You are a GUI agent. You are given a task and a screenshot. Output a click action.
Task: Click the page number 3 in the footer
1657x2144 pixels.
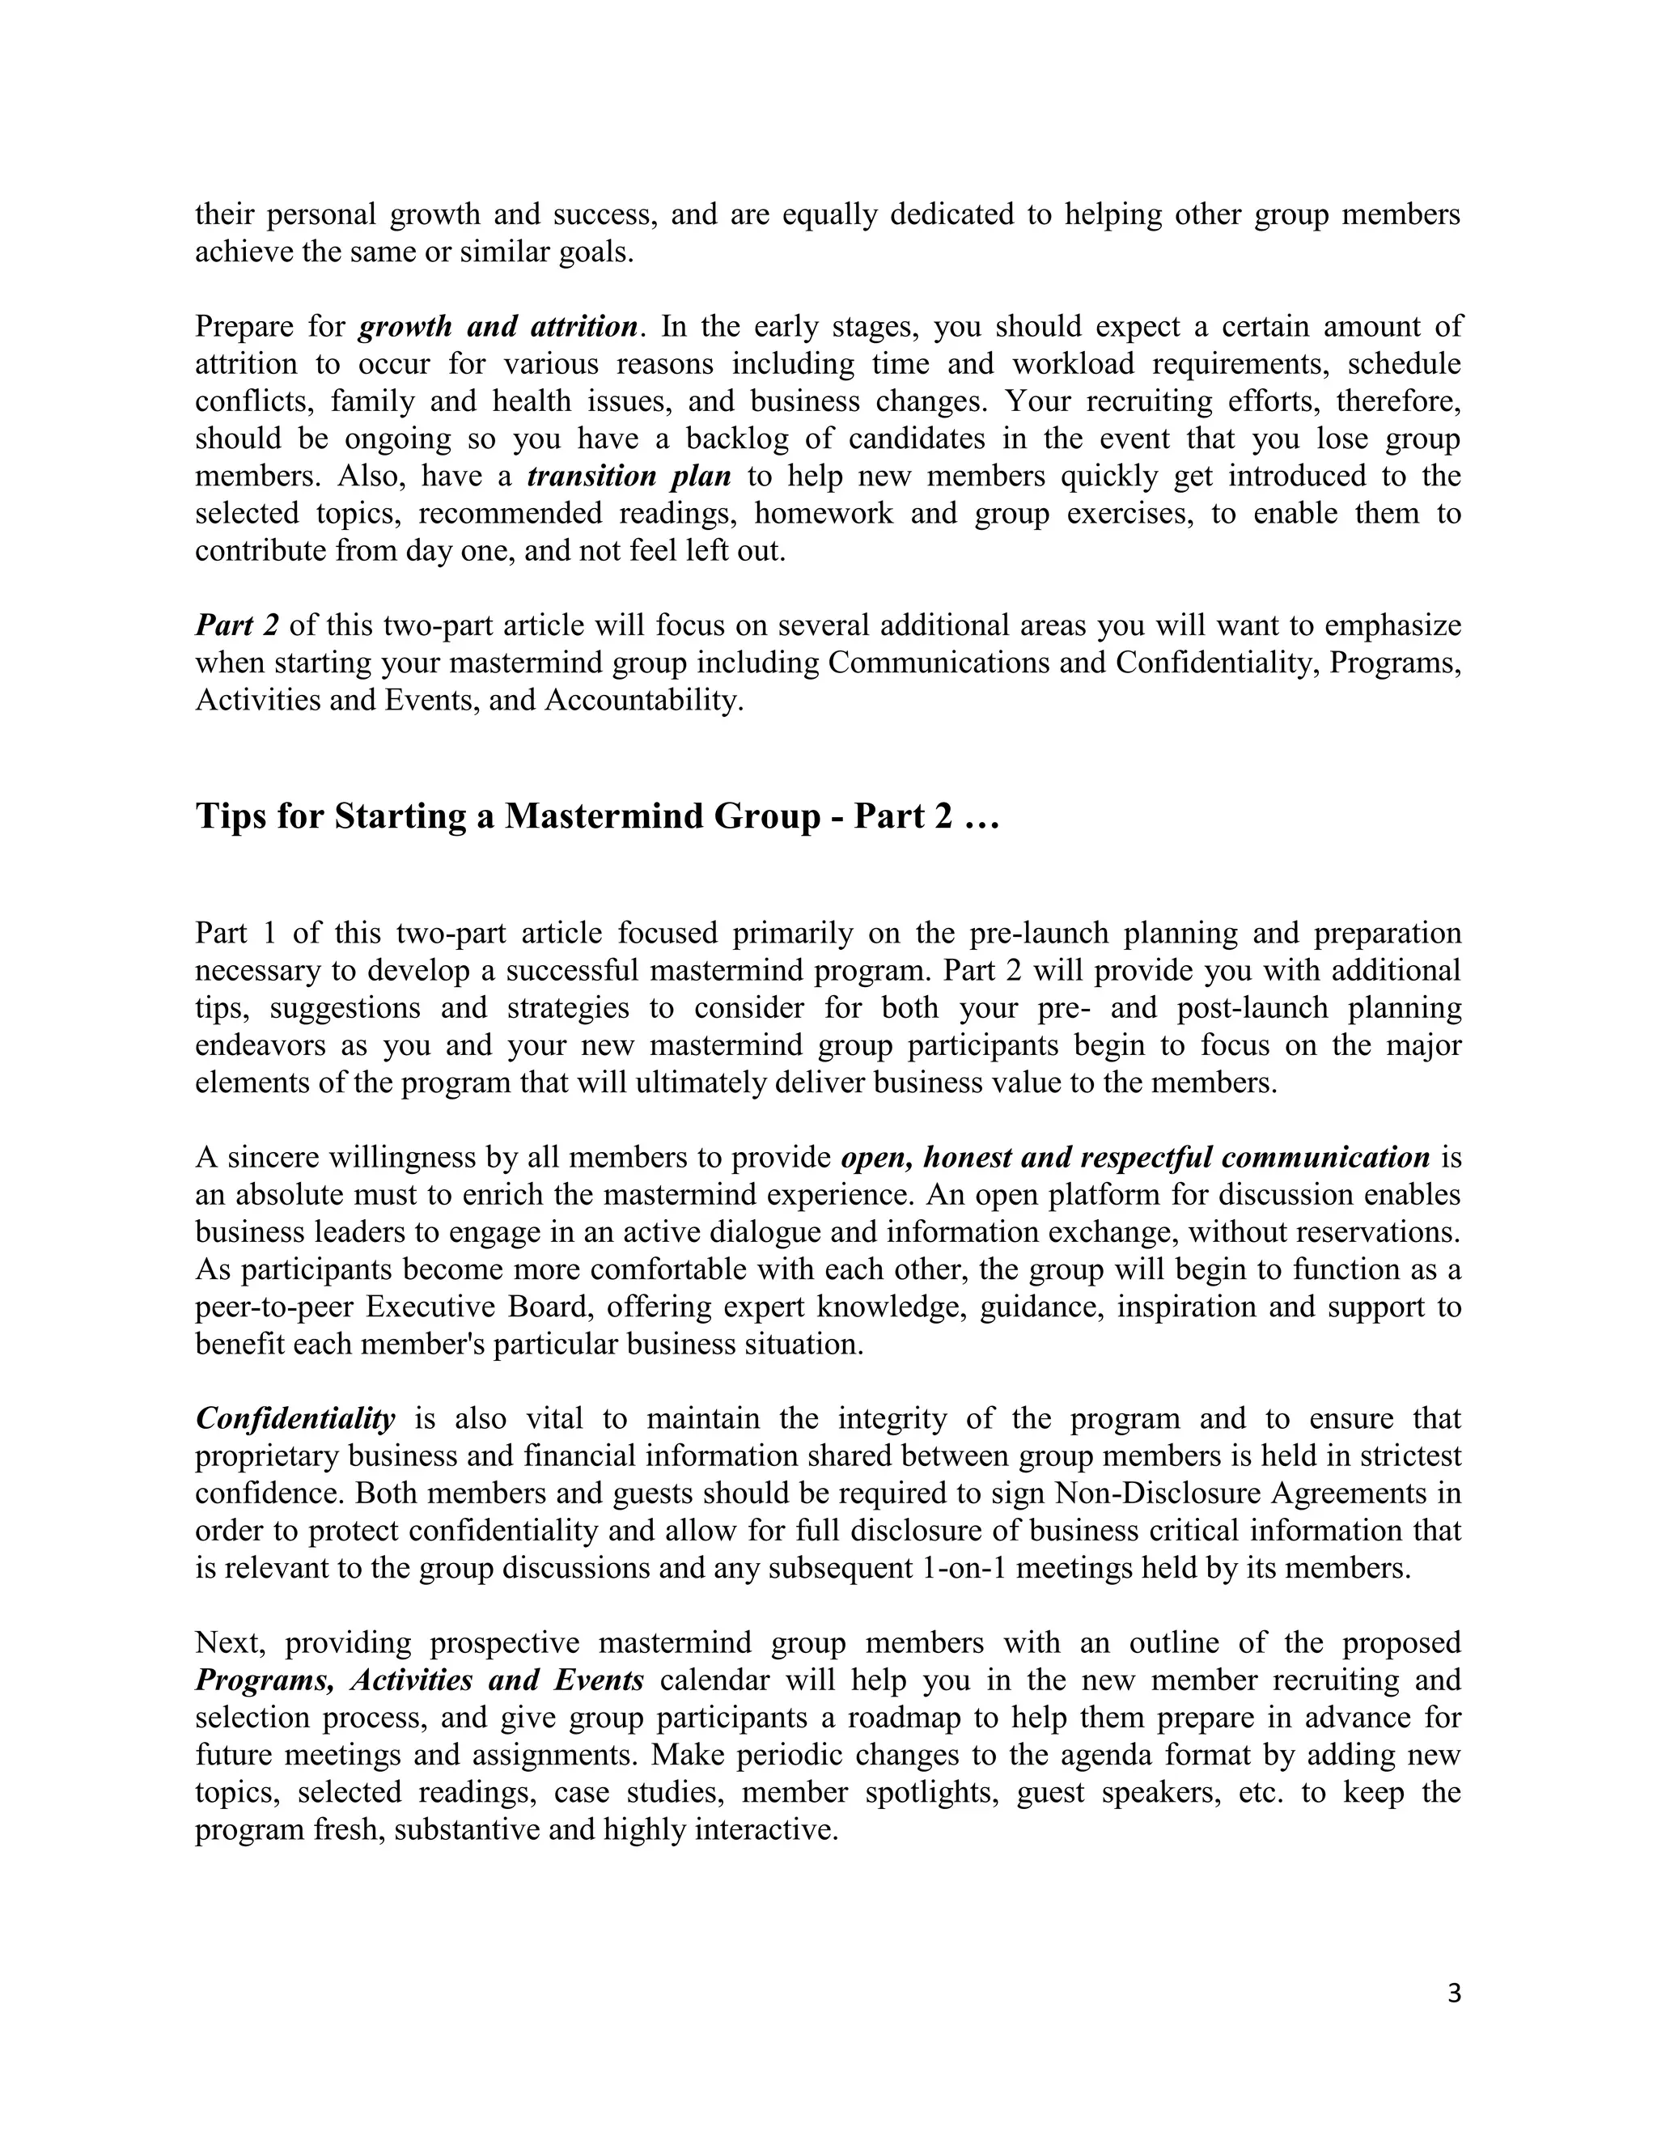tap(1454, 1994)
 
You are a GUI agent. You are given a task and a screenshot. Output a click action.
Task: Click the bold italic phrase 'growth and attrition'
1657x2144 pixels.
tap(498, 327)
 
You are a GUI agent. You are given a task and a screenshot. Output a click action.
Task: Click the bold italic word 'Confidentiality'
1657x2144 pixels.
tap(295, 1418)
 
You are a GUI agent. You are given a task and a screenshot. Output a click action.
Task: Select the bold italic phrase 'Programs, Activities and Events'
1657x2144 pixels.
tap(419, 1680)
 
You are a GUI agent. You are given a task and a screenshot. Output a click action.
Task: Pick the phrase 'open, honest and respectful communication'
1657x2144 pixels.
tap(1135, 1158)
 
